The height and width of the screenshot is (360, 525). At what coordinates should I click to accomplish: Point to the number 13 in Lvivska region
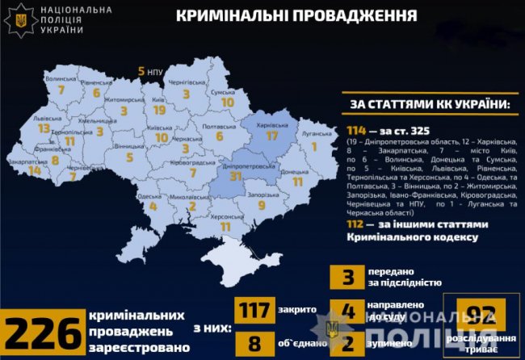click(44, 128)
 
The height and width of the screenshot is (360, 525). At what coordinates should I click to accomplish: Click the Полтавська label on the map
click(218, 127)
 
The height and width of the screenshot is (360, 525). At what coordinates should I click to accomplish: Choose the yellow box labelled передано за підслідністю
click(348, 278)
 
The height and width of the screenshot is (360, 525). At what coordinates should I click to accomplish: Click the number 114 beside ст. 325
click(359, 132)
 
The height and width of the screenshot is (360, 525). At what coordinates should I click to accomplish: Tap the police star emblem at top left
click(19, 19)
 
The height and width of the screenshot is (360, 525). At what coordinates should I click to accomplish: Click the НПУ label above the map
click(155, 72)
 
